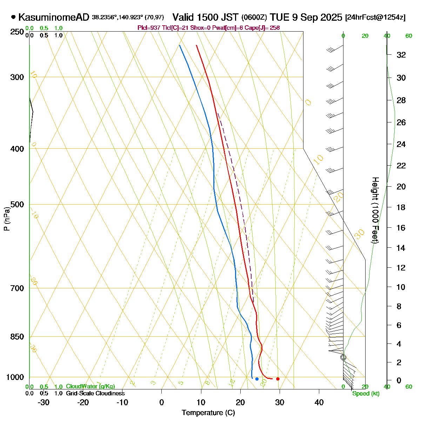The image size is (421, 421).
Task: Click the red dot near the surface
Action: pyautogui.click(x=278, y=379)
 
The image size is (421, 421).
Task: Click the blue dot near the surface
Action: pyautogui.click(x=257, y=379)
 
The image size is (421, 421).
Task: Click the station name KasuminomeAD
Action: pyautogui.click(x=54, y=17)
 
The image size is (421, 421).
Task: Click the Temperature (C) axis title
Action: pyautogui.click(x=208, y=413)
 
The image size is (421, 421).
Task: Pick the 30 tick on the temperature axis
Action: pyautogui.click(x=279, y=402)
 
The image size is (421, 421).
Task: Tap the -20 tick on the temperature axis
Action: pyautogui.click(x=83, y=402)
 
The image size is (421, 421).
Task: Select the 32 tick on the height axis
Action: pyautogui.click(x=401, y=55)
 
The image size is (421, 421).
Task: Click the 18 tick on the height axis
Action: pyautogui.click(x=401, y=207)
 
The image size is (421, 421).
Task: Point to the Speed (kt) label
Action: pyautogui.click(x=366, y=394)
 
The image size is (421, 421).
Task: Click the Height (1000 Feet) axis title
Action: pyautogui.click(x=375, y=210)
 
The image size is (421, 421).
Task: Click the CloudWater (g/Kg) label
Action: pyautogui.click(x=90, y=386)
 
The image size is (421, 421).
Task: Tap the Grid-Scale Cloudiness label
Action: pyautogui.click(x=95, y=394)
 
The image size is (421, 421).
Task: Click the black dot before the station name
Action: pyautogui.click(x=13, y=17)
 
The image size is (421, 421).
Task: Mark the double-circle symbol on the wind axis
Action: pyautogui.click(x=343, y=357)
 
